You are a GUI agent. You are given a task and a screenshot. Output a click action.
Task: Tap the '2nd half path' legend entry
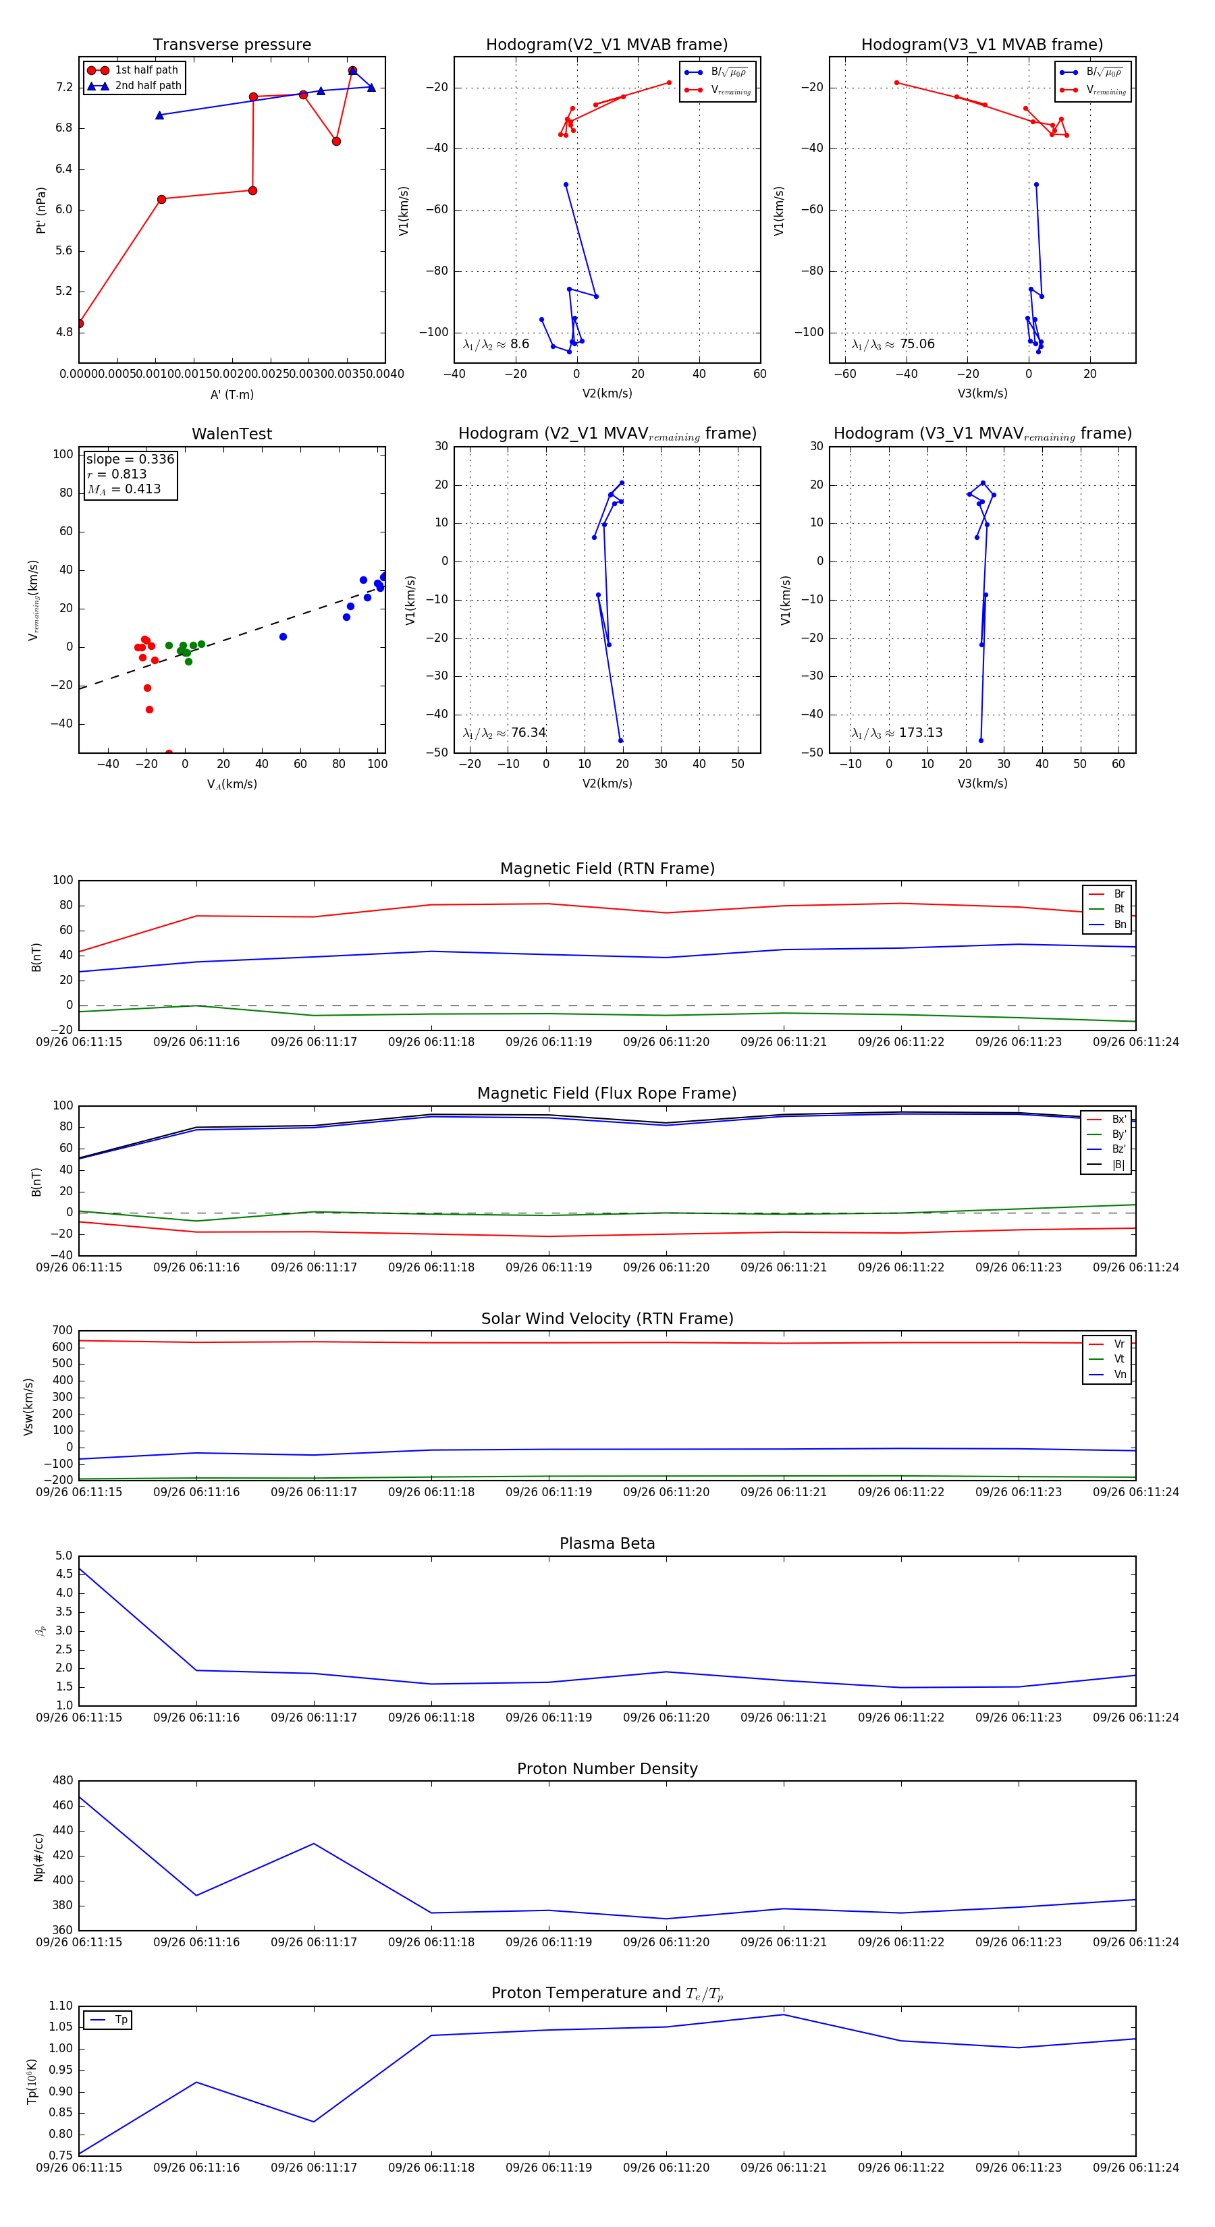[x=148, y=86]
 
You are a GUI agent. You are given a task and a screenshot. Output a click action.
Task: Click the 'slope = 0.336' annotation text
[x=130, y=459]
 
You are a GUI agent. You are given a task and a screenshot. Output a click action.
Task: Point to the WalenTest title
[x=232, y=434]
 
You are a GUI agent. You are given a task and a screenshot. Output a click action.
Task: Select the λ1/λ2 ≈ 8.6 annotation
[x=495, y=344]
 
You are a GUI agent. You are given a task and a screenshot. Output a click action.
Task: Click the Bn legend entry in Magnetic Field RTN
[x=1119, y=924]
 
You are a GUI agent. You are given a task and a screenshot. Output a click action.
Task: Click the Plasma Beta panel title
[x=607, y=1544]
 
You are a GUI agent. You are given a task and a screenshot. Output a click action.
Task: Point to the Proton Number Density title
[x=607, y=1769]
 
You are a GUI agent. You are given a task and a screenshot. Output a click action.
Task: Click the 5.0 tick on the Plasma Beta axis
[x=64, y=1556]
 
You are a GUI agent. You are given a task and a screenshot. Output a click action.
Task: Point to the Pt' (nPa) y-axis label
[x=40, y=210]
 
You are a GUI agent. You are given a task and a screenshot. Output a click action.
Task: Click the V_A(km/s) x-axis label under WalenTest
[x=232, y=784]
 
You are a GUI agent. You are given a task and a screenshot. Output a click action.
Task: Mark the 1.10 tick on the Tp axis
[x=61, y=2006]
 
